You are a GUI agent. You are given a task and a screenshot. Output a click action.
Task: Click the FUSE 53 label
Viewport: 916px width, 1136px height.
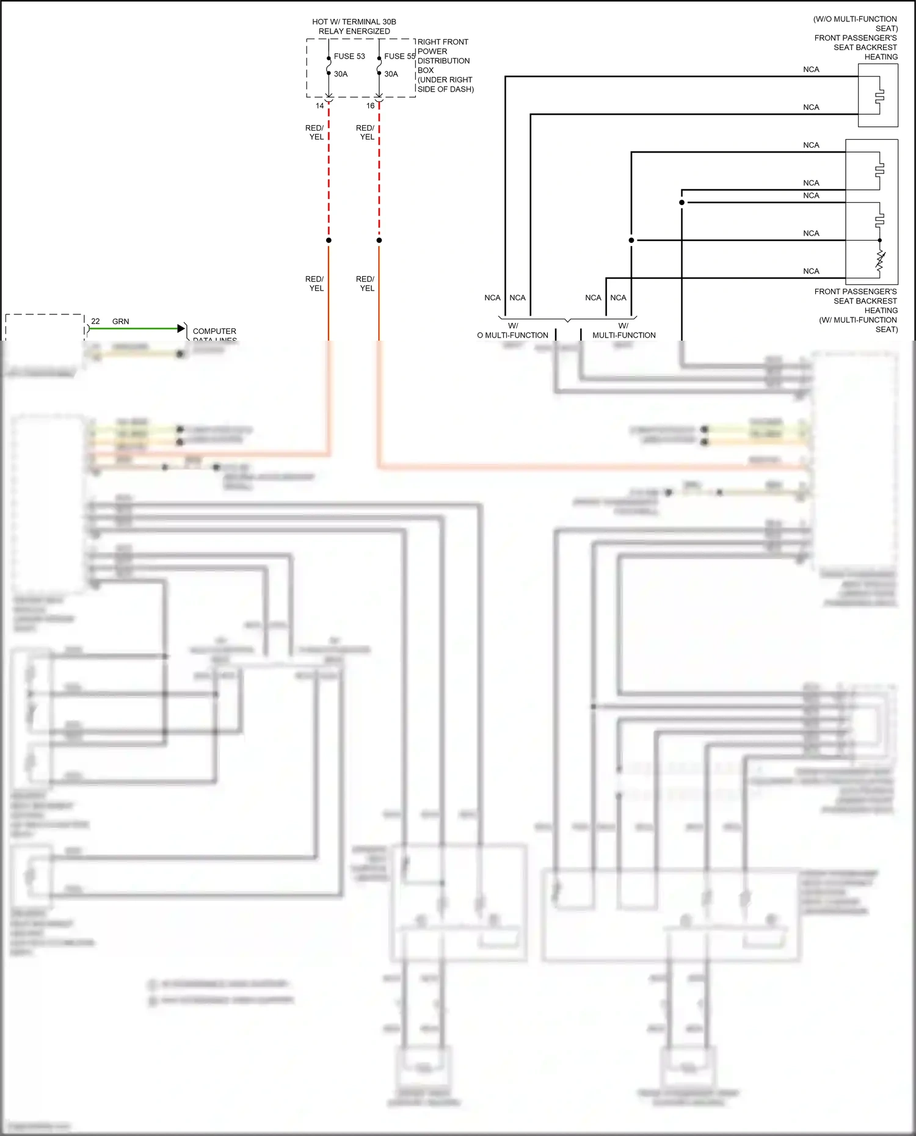pyautogui.click(x=349, y=56)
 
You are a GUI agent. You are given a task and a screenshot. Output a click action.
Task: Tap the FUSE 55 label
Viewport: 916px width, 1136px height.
pyautogui.click(x=399, y=56)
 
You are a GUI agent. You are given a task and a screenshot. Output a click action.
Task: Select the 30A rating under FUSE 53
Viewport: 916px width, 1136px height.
pyautogui.click(x=341, y=74)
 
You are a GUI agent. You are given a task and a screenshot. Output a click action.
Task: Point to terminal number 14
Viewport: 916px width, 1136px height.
pyautogui.click(x=319, y=106)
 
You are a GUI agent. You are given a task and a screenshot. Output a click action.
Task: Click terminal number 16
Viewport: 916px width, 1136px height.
pyautogui.click(x=370, y=106)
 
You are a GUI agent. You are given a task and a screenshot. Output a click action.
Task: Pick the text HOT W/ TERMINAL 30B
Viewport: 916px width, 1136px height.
pyautogui.click(x=354, y=22)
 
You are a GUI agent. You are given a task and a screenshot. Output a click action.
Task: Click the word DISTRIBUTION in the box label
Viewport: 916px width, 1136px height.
pyautogui.click(x=443, y=61)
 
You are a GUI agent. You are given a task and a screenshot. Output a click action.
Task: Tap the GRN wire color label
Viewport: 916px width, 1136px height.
pyautogui.click(x=121, y=321)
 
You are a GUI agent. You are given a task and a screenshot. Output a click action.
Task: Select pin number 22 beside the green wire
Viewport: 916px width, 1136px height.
pyautogui.click(x=95, y=321)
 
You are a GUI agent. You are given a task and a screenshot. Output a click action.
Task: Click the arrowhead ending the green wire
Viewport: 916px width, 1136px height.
pyautogui.click(x=181, y=328)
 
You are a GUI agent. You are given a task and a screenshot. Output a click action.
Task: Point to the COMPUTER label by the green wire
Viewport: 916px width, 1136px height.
pyautogui.click(x=214, y=331)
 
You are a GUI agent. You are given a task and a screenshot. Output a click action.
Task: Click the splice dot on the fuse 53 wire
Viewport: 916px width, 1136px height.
pyautogui.click(x=329, y=240)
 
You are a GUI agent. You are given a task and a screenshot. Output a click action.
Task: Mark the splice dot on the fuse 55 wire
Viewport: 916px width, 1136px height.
pyautogui.click(x=379, y=240)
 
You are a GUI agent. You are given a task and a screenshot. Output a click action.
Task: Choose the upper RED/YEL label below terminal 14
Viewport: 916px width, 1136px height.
pyautogui.click(x=315, y=132)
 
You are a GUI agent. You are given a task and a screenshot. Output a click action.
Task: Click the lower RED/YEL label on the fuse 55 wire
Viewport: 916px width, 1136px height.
pyautogui.click(x=366, y=283)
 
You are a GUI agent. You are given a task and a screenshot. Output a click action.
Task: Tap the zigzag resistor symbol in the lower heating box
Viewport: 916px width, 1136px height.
pyautogui.click(x=880, y=261)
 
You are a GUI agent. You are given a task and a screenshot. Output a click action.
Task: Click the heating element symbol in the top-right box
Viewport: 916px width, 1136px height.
pyautogui.click(x=879, y=95)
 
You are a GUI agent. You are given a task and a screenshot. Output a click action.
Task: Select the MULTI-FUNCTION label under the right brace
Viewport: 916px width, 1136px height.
pyautogui.click(x=624, y=335)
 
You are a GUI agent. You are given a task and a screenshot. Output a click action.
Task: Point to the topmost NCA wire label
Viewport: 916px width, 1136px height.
pyautogui.click(x=811, y=70)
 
